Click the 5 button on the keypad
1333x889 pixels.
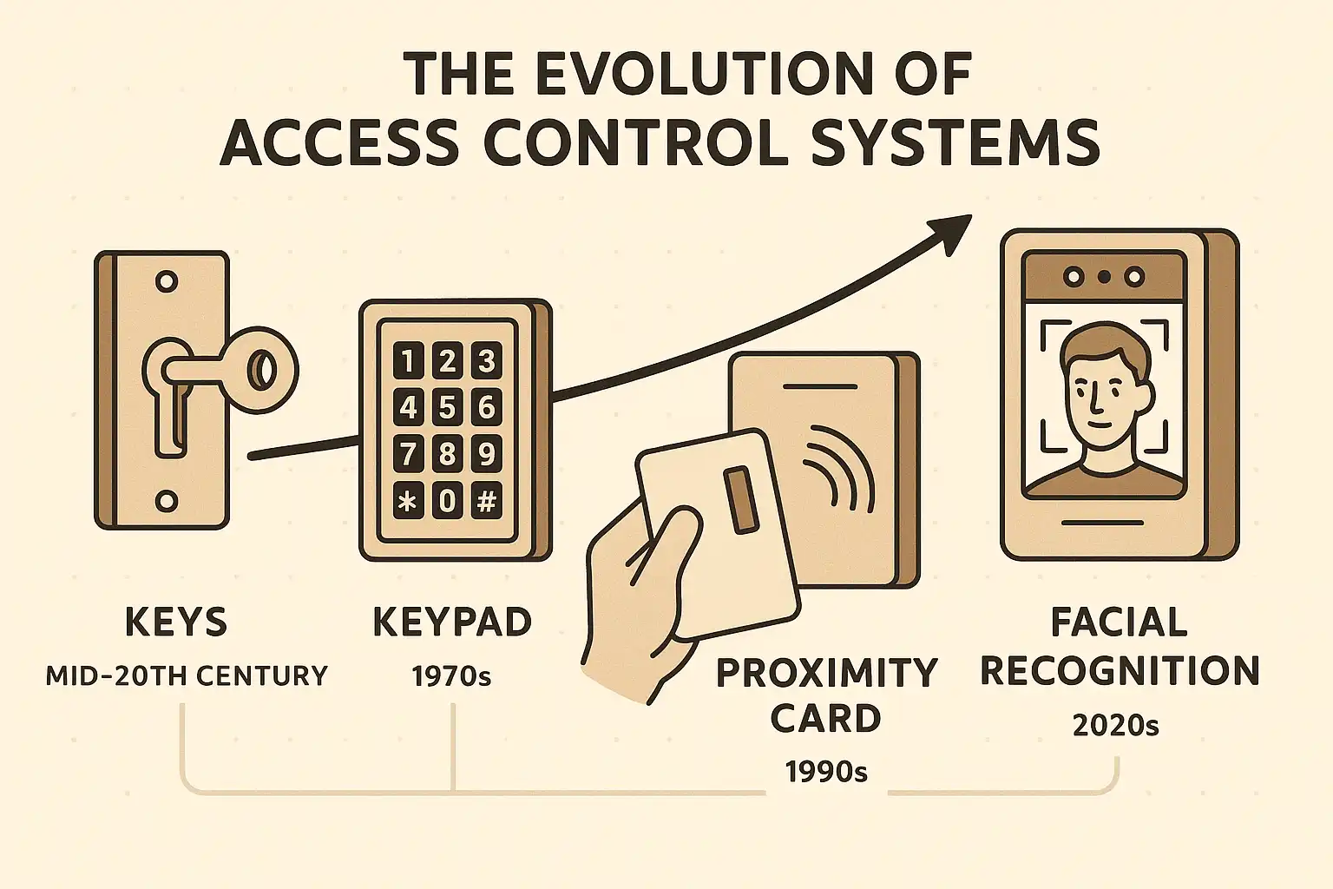(447, 407)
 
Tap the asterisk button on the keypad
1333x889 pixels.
(408, 500)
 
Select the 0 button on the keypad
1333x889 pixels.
(447, 500)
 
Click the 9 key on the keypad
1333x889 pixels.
(487, 454)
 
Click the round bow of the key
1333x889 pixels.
(262, 370)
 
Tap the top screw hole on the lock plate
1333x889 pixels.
(167, 281)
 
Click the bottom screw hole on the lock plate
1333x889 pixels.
(167, 502)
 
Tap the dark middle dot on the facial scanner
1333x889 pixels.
(1104, 277)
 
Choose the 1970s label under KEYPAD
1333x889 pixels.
(451, 676)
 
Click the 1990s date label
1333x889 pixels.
(826, 772)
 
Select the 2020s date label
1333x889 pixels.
(1116, 725)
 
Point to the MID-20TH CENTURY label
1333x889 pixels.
(187, 675)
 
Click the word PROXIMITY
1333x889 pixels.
(826, 673)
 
